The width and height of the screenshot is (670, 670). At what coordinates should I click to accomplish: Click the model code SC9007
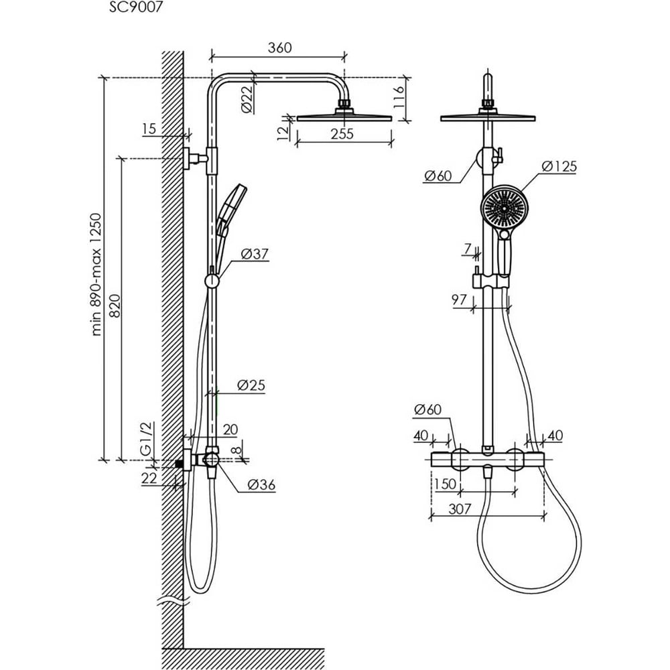136,7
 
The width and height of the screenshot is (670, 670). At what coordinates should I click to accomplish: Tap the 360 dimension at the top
279,48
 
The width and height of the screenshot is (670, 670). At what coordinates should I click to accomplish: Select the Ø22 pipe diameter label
247,100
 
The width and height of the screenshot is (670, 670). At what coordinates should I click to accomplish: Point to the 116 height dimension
398,98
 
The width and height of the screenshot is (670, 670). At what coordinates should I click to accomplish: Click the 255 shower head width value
342,134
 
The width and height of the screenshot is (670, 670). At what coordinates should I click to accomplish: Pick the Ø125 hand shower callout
559,166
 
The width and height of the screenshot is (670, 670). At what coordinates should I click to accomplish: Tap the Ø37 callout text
255,254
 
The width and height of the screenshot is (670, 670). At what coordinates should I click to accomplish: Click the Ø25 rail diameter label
251,385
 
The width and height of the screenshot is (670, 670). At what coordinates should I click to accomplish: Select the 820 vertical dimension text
115,306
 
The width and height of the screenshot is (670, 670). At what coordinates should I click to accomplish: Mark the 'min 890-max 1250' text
96,274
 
